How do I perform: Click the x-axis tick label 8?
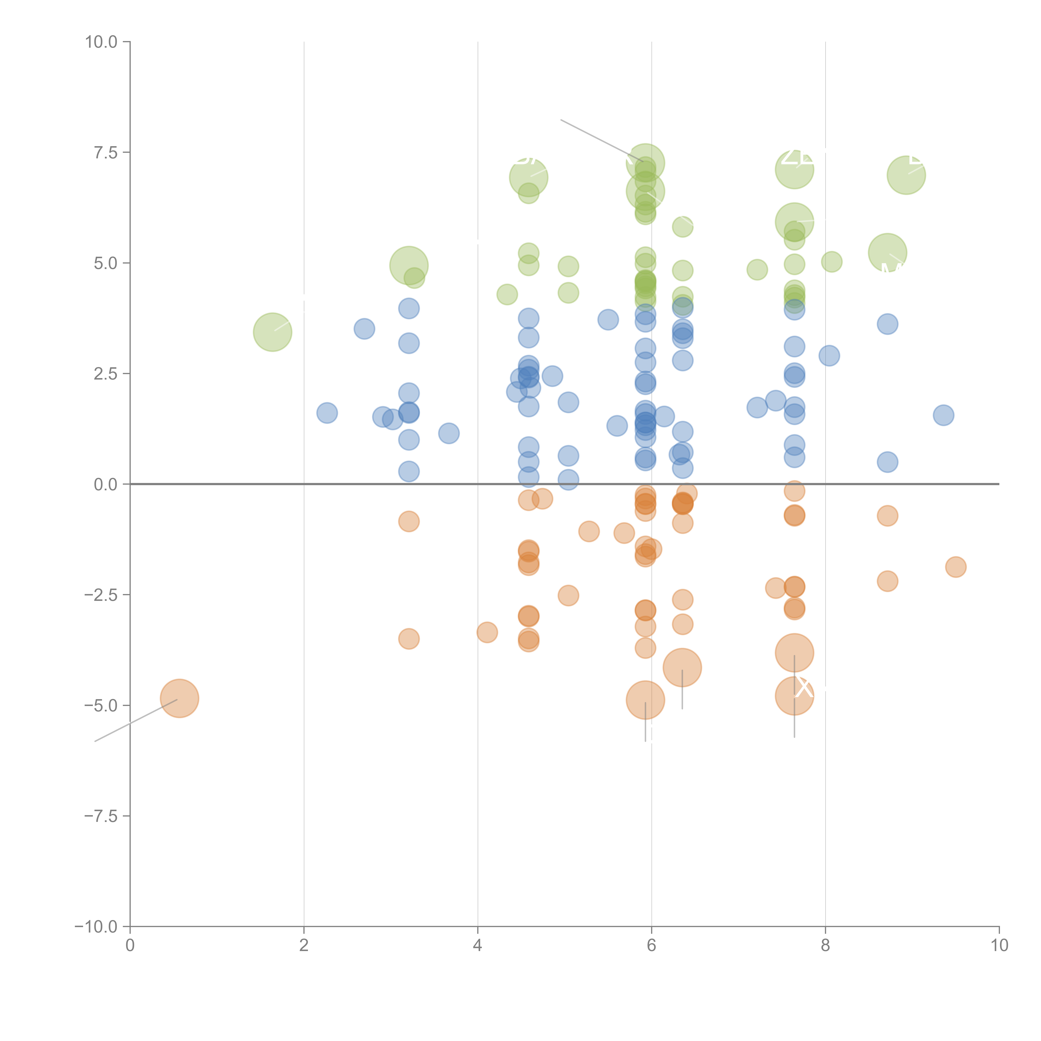(826, 946)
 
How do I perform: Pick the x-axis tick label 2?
(304, 946)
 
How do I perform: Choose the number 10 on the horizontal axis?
(999, 946)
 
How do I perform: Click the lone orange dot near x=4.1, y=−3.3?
(487, 632)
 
